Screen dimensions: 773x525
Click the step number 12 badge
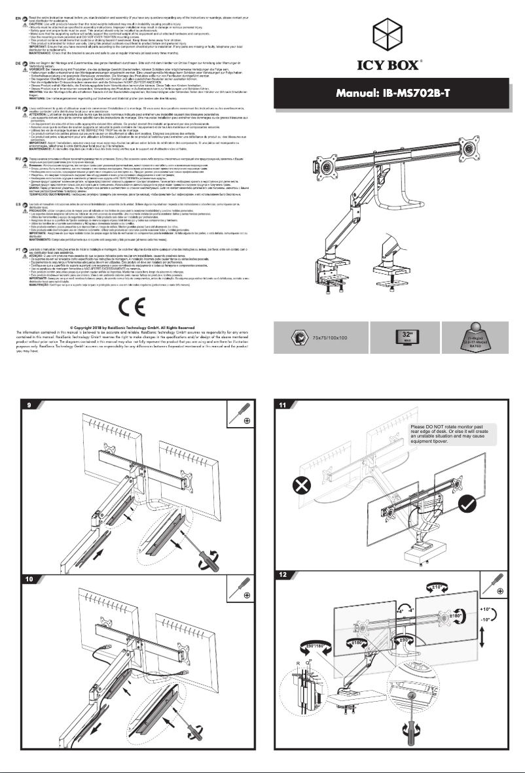click(x=282, y=575)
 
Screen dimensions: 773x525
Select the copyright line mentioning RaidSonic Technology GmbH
click(x=132, y=327)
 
